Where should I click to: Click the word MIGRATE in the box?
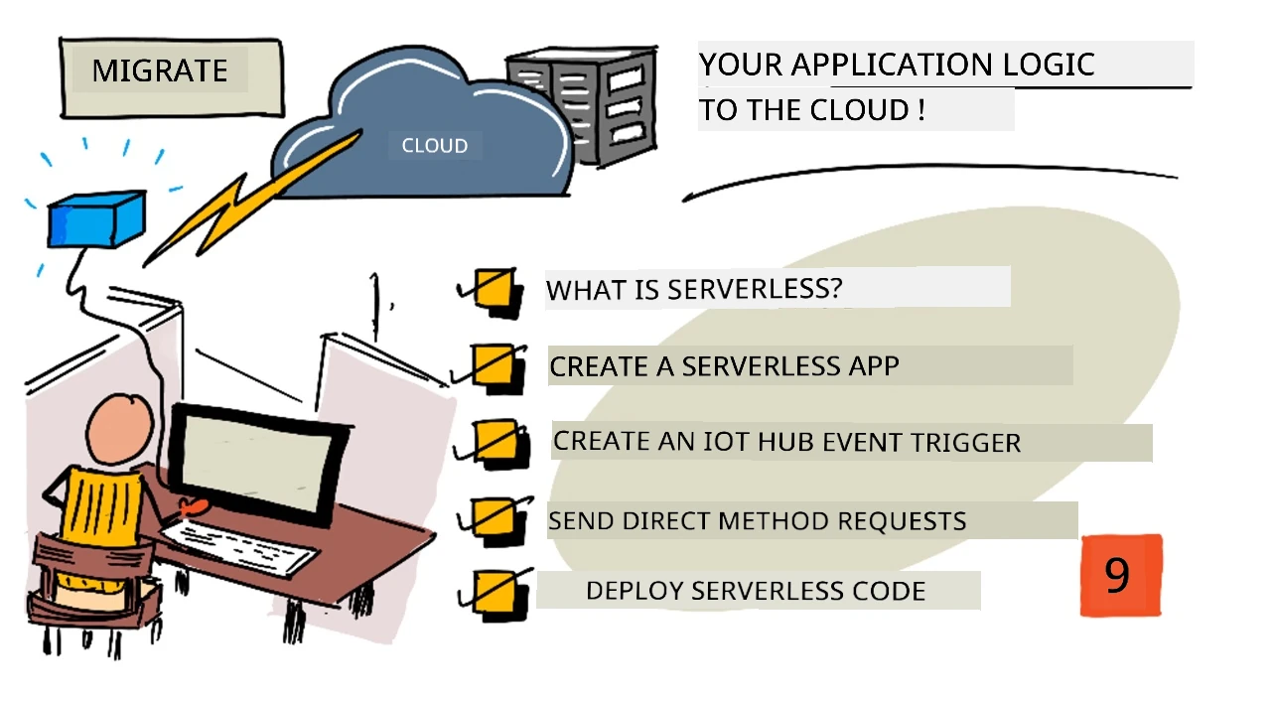tap(160, 70)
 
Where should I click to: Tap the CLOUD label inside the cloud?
tap(435, 146)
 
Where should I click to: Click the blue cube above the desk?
tap(96, 219)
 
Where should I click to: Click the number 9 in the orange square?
tap(1117, 575)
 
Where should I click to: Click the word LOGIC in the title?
tap(1049, 65)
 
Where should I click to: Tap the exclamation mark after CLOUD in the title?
tap(920, 109)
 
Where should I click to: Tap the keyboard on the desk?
tap(238, 547)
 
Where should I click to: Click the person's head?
tap(120, 431)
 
